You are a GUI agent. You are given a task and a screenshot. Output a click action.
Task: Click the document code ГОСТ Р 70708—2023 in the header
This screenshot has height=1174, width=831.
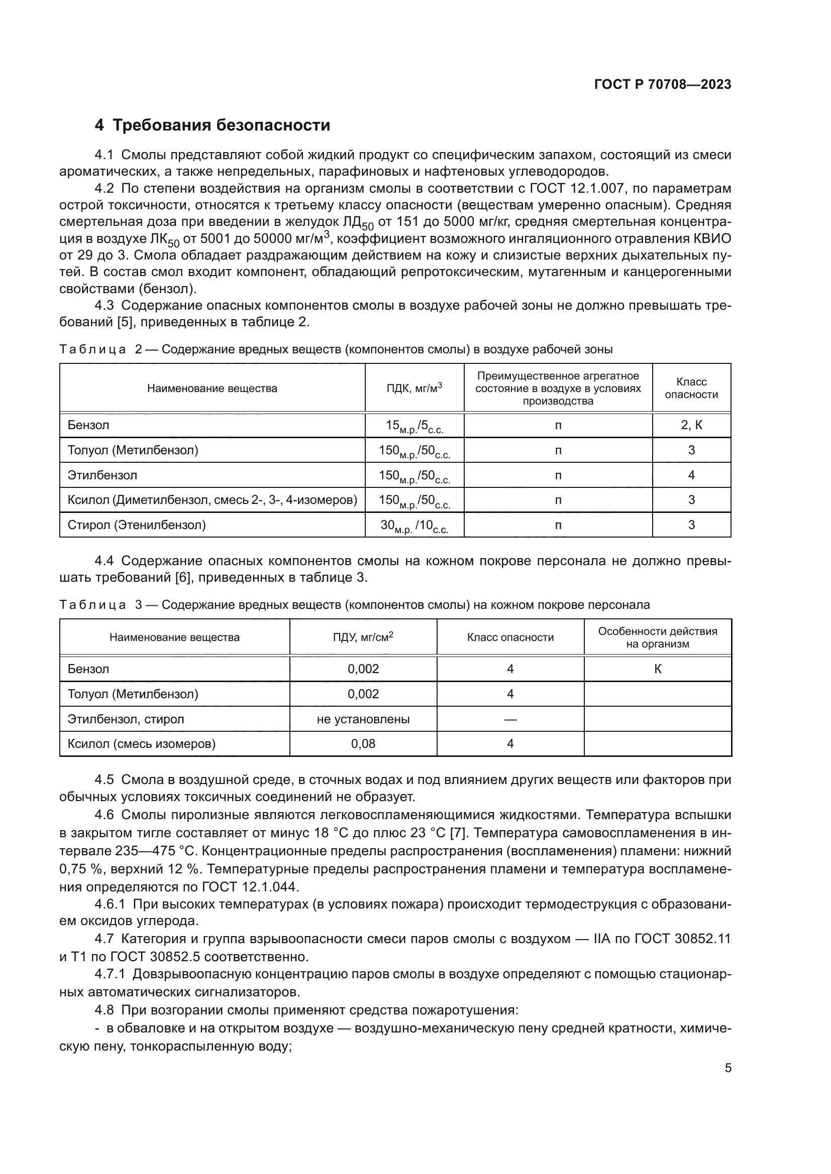point(663,85)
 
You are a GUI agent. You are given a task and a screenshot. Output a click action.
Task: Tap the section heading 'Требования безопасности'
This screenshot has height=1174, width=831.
point(221,125)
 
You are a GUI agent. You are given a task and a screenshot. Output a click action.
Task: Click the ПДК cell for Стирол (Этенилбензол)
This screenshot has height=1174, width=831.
point(414,525)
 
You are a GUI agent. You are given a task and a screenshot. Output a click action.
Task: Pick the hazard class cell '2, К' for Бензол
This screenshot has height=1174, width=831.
point(691,426)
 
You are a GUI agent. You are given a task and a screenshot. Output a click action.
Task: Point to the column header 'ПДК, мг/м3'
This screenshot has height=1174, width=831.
point(414,388)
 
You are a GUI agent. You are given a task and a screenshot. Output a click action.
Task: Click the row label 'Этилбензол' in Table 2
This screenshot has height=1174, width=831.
point(102,475)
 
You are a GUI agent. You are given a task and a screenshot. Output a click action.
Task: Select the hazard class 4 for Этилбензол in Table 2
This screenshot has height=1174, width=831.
point(691,475)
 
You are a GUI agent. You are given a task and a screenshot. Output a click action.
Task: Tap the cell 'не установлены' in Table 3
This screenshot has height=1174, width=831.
point(363,719)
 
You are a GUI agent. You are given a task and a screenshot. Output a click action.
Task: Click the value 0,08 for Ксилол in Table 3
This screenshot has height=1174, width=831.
point(363,744)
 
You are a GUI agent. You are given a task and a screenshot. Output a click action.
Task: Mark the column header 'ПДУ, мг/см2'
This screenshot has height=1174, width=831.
point(363,637)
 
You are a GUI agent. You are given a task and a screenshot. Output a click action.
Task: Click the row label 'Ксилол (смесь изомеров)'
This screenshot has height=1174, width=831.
point(142,744)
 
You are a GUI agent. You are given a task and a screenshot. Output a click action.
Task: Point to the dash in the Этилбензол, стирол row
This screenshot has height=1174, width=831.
point(509,719)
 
